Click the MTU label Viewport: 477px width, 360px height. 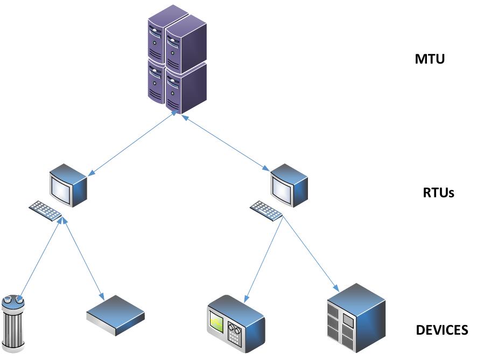(430, 59)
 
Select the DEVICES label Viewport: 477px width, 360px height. (442, 330)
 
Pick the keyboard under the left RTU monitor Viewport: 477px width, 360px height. (45, 211)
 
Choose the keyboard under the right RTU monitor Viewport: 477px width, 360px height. (266, 211)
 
